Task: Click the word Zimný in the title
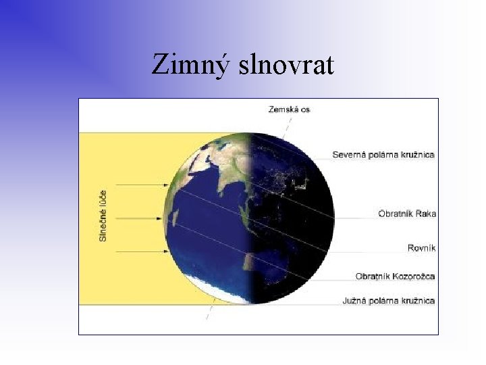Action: (190, 65)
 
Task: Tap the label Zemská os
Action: (289, 109)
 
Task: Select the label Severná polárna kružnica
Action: (383, 155)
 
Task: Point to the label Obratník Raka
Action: (407, 214)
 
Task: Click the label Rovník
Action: (422, 248)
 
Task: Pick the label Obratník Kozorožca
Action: (395, 276)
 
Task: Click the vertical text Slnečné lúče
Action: (103, 215)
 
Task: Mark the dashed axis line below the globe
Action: (211, 314)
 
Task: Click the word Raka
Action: (426, 214)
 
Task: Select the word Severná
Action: (349, 155)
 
